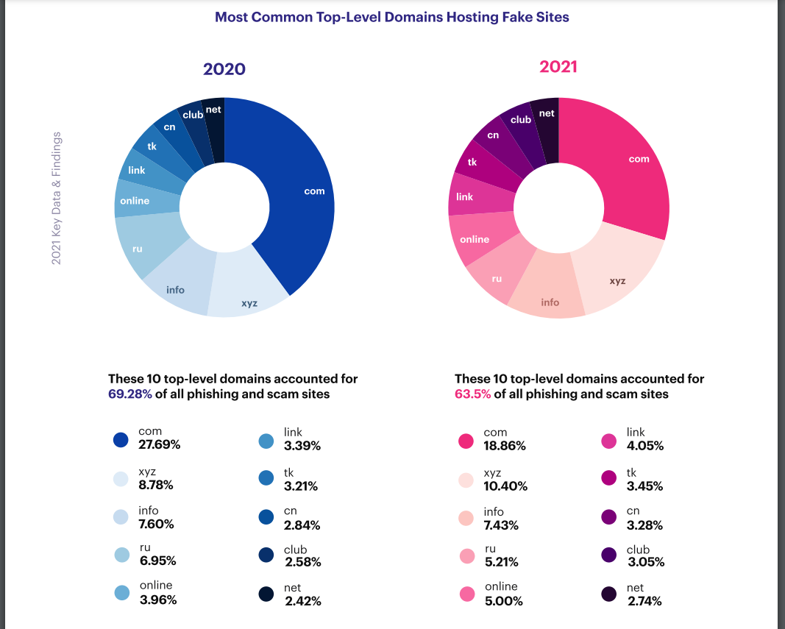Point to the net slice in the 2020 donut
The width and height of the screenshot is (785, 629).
tap(214, 121)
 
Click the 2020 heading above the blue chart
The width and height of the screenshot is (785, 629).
tap(224, 69)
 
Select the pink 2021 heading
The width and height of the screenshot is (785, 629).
tap(558, 67)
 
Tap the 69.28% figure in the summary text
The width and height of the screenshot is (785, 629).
tap(130, 394)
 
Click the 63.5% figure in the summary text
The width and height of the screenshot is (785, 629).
tap(472, 394)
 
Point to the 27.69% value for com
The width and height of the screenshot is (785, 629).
tap(159, 445)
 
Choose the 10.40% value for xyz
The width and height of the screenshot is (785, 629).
tap(505, 486)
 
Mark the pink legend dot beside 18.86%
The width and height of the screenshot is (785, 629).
tap(466, 441)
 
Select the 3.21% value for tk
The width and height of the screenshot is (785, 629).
tap(302, 486)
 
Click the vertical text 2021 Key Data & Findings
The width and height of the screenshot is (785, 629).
tap(56, 199)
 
